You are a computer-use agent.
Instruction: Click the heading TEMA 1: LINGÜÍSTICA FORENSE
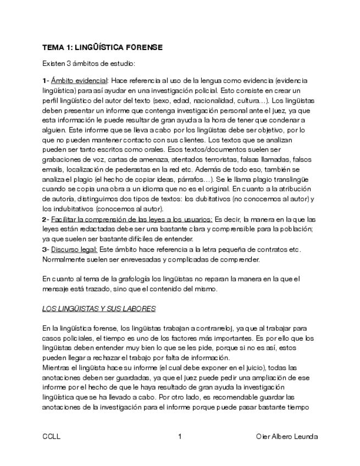coord(102,48)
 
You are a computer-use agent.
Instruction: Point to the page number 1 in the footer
coord(180,436)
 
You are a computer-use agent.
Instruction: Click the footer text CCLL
coord(51,436)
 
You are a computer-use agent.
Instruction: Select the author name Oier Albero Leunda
coord(286,436)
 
